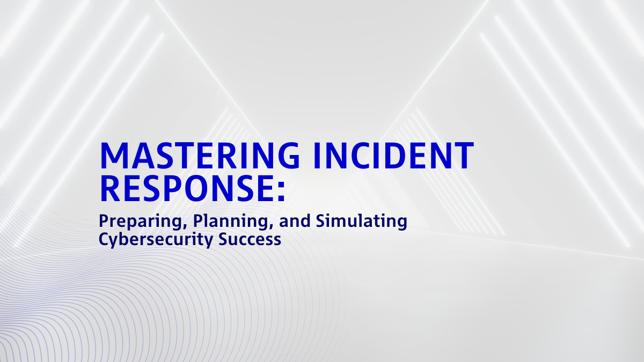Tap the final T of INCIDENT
(x=463, y=156)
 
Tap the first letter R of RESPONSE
(x=110, y=187)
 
